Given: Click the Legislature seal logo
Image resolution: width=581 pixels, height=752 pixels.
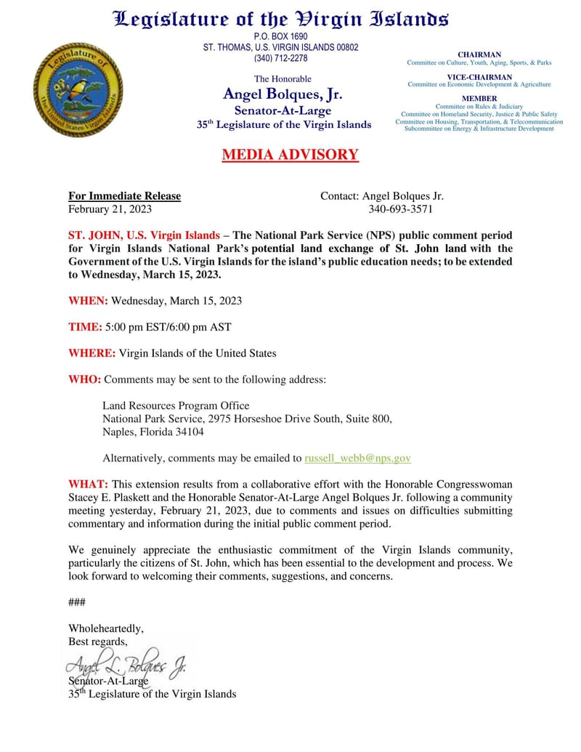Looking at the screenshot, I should [x=78, y=89].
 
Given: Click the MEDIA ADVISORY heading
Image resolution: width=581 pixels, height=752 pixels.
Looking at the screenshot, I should [x=290, y=155].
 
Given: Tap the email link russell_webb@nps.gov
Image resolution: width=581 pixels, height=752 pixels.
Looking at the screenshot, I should [x=357, y=458].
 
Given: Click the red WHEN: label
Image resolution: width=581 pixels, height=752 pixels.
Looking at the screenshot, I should [x=88, y=301].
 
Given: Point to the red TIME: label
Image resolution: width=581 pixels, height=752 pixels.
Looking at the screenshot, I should [x=85, y=327].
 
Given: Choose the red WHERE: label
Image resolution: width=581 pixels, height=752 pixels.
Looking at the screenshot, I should [x=92, y=353].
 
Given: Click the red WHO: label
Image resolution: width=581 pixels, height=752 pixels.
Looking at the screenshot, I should [x=85, y=379].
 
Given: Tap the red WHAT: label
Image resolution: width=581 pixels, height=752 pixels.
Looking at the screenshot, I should [x=89, y=484].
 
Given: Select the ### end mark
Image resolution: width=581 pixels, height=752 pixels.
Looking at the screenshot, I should [x=76, y=602].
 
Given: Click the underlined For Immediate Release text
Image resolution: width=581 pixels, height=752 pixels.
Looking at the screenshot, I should [x=124, y=196].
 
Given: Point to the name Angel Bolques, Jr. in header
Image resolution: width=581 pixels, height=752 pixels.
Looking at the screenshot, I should [x=283, y=94].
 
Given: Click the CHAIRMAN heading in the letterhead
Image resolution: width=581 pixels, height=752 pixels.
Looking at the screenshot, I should [x=479, y=54].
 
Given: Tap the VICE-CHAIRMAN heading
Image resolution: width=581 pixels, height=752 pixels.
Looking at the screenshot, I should [x=479, y=76].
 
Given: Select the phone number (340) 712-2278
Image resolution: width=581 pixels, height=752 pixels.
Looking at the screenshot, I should [x=280, y=58].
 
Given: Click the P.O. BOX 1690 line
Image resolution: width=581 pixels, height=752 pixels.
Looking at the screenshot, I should [x=280, y=36].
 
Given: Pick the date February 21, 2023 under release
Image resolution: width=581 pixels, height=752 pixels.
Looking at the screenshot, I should [x=110, y=209].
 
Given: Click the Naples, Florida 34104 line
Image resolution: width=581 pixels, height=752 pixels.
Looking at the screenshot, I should [x=153, y=432].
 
